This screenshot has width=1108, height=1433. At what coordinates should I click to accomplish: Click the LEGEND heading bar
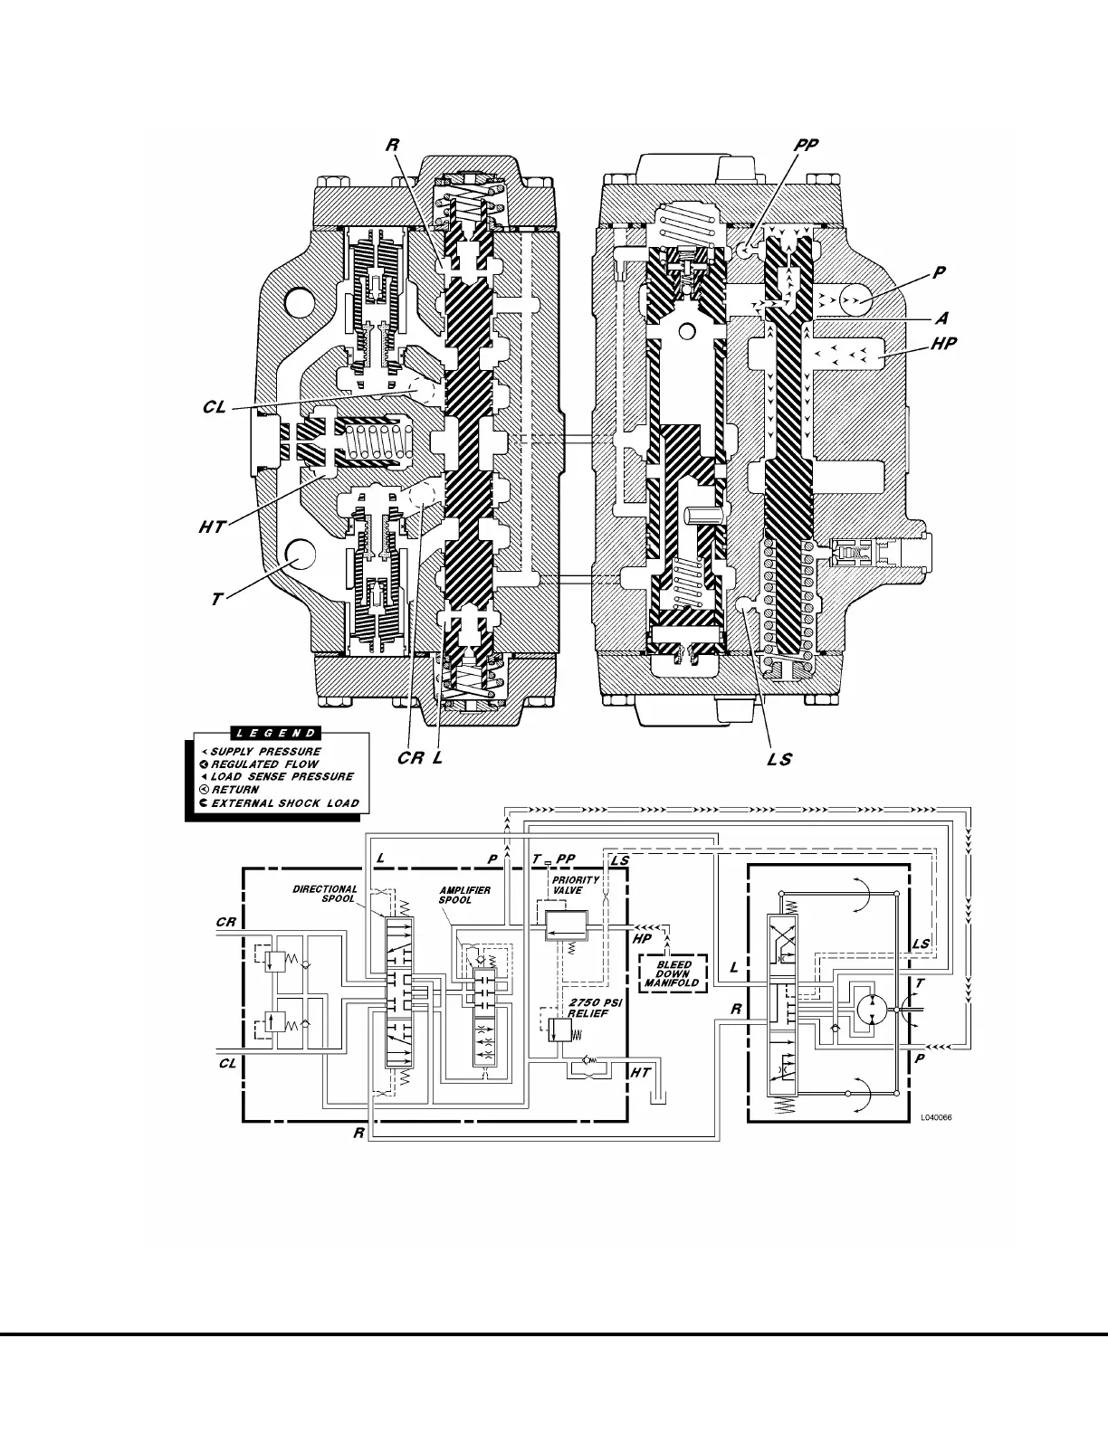[275, 734]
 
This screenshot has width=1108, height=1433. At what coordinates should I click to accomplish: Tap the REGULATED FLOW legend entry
[264, 764]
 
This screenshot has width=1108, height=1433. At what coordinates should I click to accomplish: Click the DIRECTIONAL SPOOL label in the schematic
[325, 894]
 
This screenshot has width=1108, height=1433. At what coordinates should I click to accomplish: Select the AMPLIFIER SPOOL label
[464, 896]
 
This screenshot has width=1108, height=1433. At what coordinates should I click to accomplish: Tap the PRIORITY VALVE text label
[576, 885]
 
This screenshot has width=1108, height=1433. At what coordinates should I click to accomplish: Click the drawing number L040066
[935, 1117]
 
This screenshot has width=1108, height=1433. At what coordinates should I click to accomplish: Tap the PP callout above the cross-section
[807, 146]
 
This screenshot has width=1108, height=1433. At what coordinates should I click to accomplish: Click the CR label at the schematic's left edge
[226, 923]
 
